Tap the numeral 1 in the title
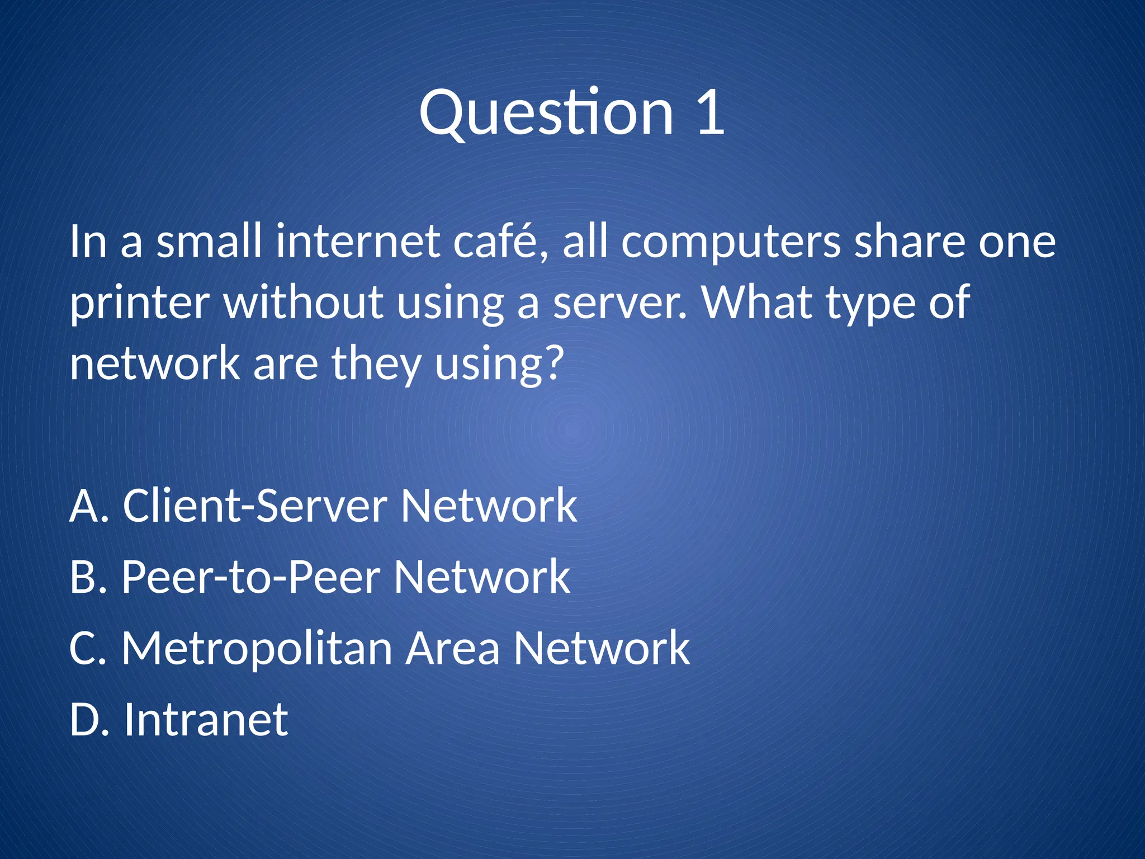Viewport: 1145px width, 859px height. click(711, 113)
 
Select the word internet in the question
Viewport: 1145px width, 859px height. click(358, 242)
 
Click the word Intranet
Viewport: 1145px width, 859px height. click(206, 720)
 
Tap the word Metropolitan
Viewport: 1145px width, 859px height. click(257, 648)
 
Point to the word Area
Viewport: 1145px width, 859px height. click(452, 648)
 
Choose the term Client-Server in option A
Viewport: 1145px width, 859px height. click(255, 506)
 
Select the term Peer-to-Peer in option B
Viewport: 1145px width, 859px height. click(251, 577)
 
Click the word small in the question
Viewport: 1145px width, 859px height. click(209, 242)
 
